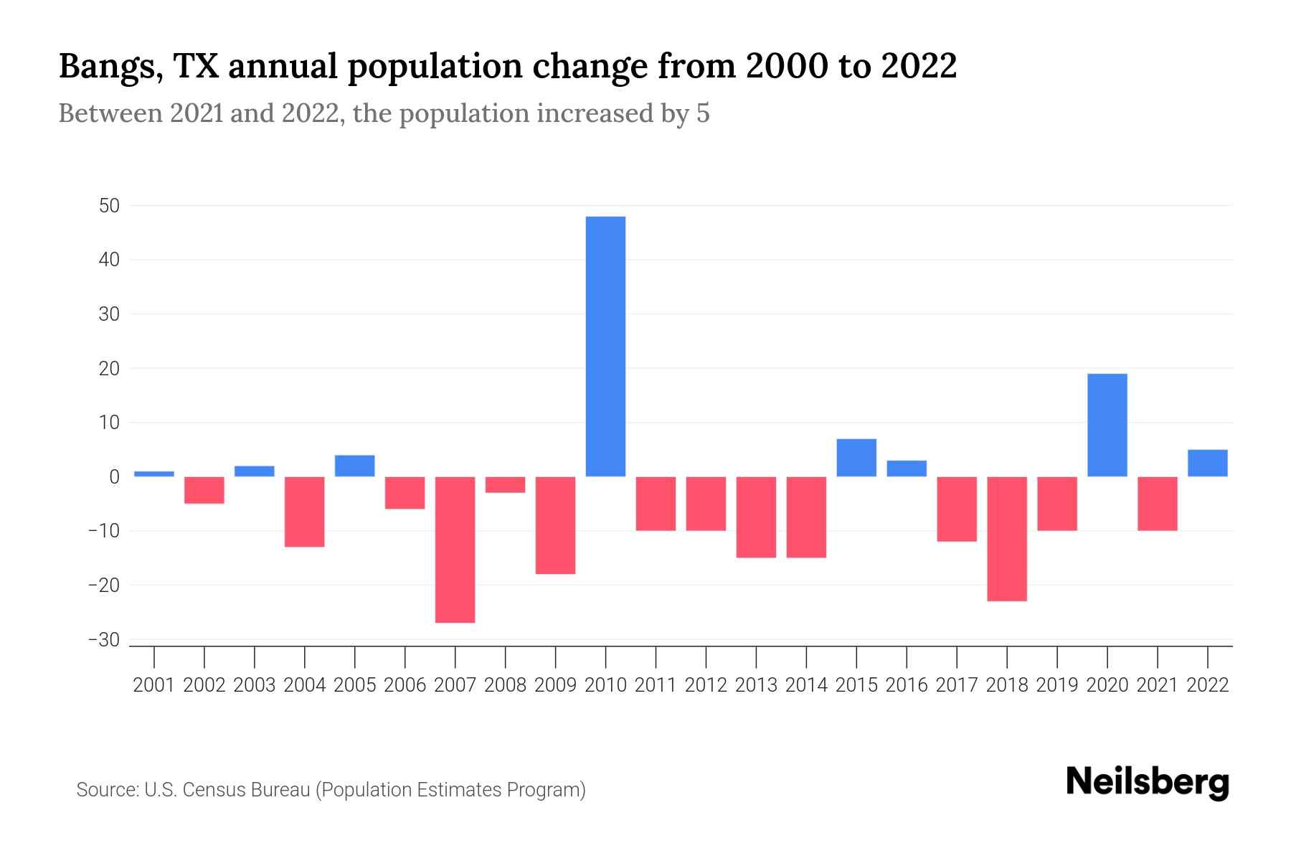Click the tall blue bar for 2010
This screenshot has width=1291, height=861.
tap(605, 347)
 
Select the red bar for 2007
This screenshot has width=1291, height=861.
tap(455, 550)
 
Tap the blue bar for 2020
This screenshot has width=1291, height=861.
tap(1107, 425)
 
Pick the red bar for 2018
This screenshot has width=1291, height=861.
tap(1006, 539)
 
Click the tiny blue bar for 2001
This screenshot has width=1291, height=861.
tap(154, 474)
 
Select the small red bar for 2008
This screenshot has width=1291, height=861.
tap(505, 485)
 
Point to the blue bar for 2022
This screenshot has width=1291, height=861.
tap(1207, 463)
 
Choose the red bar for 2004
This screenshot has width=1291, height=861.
tap(305, 512)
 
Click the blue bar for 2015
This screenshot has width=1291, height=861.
tap(856, 458)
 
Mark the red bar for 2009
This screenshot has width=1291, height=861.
tap(555, 525)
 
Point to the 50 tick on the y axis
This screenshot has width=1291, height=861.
tap(109, 206)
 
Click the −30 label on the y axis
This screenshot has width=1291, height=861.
tap(103, 639)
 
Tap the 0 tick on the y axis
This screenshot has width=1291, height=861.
tap(114, 477)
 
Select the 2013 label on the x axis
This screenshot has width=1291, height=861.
tap(756, 685)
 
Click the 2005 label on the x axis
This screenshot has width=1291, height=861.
tap(355, 685)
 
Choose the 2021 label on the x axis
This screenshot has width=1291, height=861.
tap(1157, 685)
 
